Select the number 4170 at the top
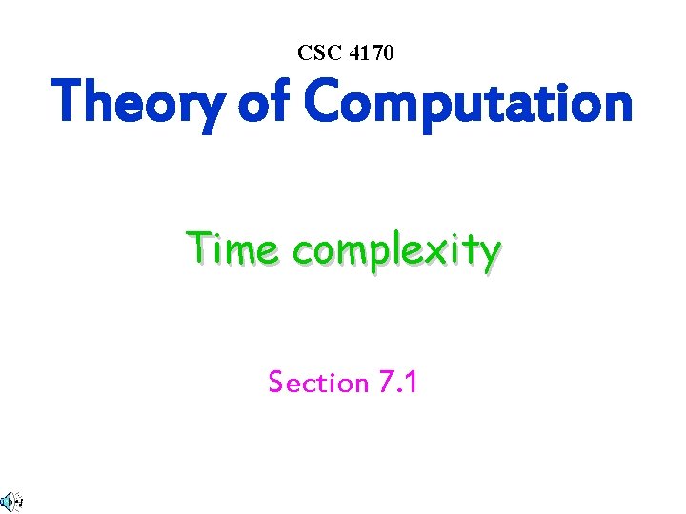(x=370, y=53)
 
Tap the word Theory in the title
(x=137, y=103)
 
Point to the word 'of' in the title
(x=261, y=103)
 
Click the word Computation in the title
(x=467, y=103)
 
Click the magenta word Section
(x=319, y=383)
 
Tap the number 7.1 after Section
(x=398, y=383)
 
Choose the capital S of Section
(x=275, y=383)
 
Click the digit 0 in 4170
(x=386, y=53)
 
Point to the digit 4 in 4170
(x=353, y=53)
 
